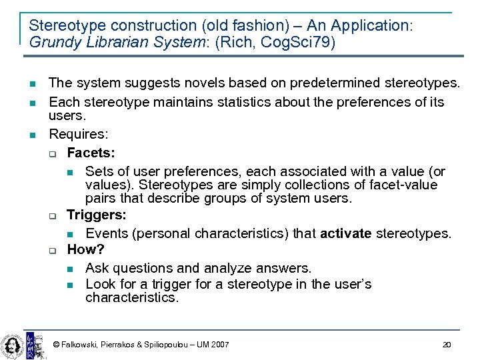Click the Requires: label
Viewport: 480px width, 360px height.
79,135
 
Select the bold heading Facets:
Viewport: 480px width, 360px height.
91,153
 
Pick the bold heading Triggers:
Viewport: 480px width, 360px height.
97,215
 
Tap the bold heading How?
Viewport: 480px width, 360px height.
86,249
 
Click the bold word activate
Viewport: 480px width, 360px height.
346,233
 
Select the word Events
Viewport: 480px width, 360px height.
107,233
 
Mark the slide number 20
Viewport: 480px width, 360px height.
447,345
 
